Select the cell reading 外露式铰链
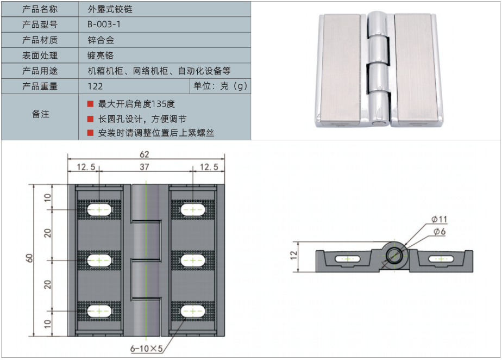pyautogui.click(x=110, y=9)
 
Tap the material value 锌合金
pyautogui.click(x=101, y=40)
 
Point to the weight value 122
pyautogui.click(x=95, y=86)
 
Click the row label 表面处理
pyautogui.click(x=40, y=55)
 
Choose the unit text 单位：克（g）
pyautogui.click(x=220, y=86)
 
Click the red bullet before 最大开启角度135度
pyautogui.click(x=91, y=104)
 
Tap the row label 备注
pyautogui.click(x=40, y=114)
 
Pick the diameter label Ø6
pyautogui.click(x=439, y=232)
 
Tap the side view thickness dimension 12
pyautogui.click(x=294, y=254)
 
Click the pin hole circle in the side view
pyautogui.click(x=394, y=254)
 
